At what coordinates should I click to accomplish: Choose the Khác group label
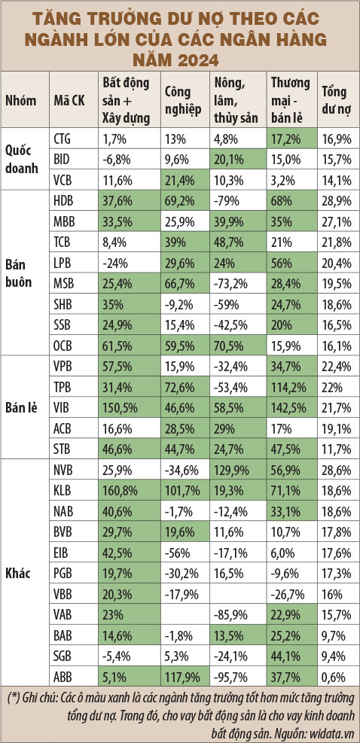pos(17,573)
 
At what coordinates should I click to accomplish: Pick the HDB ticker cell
pos(65,202)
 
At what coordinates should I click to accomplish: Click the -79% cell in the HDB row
pos(225,202)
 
